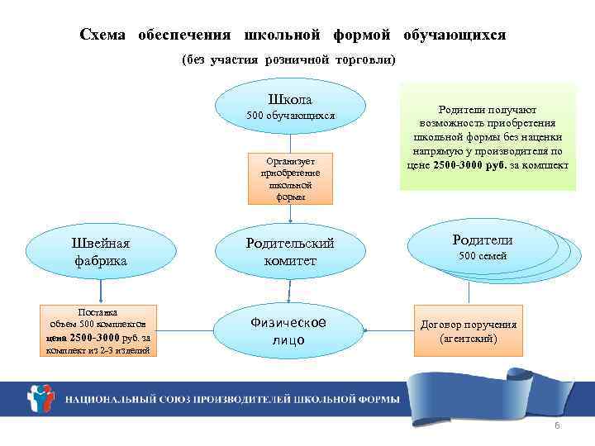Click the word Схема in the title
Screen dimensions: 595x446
click(103, 36)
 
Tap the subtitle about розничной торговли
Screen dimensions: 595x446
click(289, 60)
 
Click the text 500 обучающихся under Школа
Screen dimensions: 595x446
click(291, 116)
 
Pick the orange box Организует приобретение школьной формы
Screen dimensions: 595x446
click(290, 177)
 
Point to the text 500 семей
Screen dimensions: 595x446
click(483, 257)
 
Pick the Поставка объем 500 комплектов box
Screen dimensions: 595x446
click(98, 331)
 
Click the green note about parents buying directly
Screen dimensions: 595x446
click(487, 136)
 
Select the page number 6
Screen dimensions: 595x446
click(557, 425)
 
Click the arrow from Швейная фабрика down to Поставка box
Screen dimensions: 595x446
click(100, 290)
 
